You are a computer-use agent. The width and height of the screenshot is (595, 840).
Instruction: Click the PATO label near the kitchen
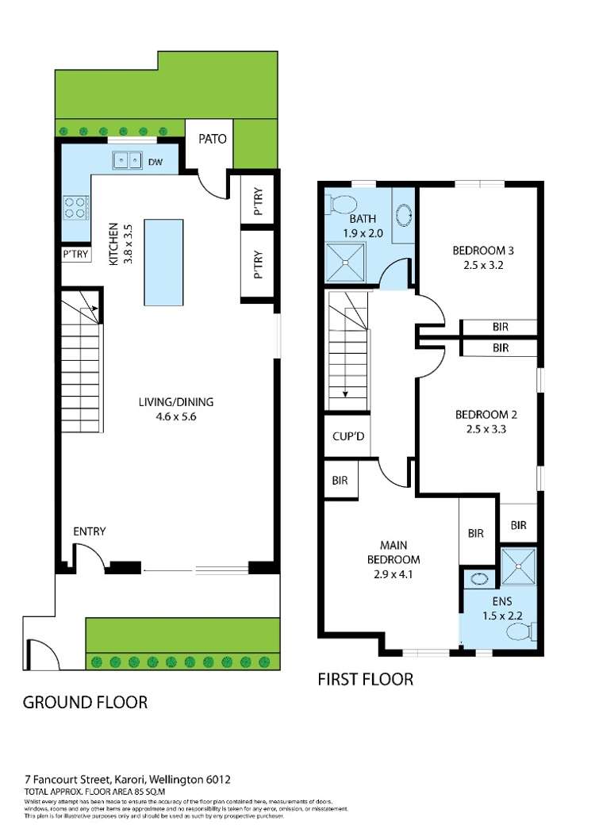point(212,139)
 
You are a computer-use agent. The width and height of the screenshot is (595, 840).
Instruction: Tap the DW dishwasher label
point(156,162)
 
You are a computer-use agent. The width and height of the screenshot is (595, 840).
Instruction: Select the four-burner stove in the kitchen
point(75,207)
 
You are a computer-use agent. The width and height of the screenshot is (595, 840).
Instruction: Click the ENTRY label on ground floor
point(90,531)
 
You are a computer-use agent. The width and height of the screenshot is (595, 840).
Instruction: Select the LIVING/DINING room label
point(175,402)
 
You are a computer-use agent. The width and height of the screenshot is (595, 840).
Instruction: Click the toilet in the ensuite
point(524,631)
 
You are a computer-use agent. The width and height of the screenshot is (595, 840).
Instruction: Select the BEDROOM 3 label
point(478,251)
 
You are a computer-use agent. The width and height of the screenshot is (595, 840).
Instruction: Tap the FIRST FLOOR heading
point(365,679)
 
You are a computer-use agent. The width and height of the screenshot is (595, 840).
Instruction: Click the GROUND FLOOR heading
point(85,702)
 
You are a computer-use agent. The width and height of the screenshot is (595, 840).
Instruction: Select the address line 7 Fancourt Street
point(127,781)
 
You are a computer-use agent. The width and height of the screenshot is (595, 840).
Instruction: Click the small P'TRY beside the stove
point(75,255)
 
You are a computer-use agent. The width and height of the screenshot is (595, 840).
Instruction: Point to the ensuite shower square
point(519,566)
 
